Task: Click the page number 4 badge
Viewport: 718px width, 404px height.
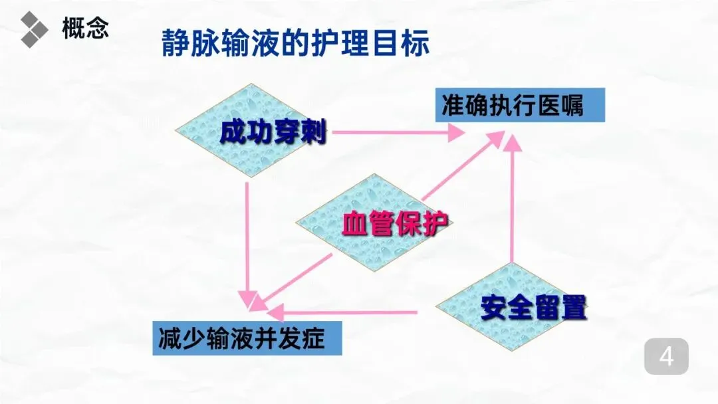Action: tap(666, 357)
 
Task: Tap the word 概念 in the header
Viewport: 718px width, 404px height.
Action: tap(85, 29)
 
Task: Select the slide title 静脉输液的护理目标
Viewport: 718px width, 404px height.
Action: tap(295, 44)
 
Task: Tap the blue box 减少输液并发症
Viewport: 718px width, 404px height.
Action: tap(247, 338)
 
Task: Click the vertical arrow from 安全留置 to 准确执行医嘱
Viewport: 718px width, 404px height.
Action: tap(511, 199)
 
